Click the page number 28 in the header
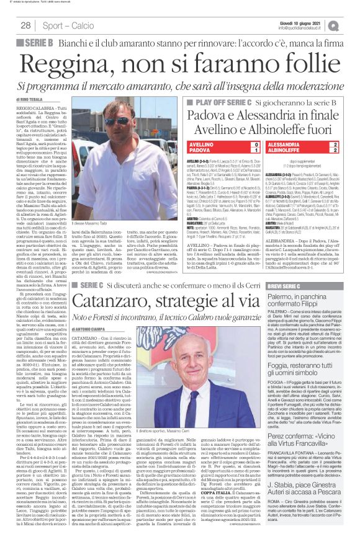tap(25, 25)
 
